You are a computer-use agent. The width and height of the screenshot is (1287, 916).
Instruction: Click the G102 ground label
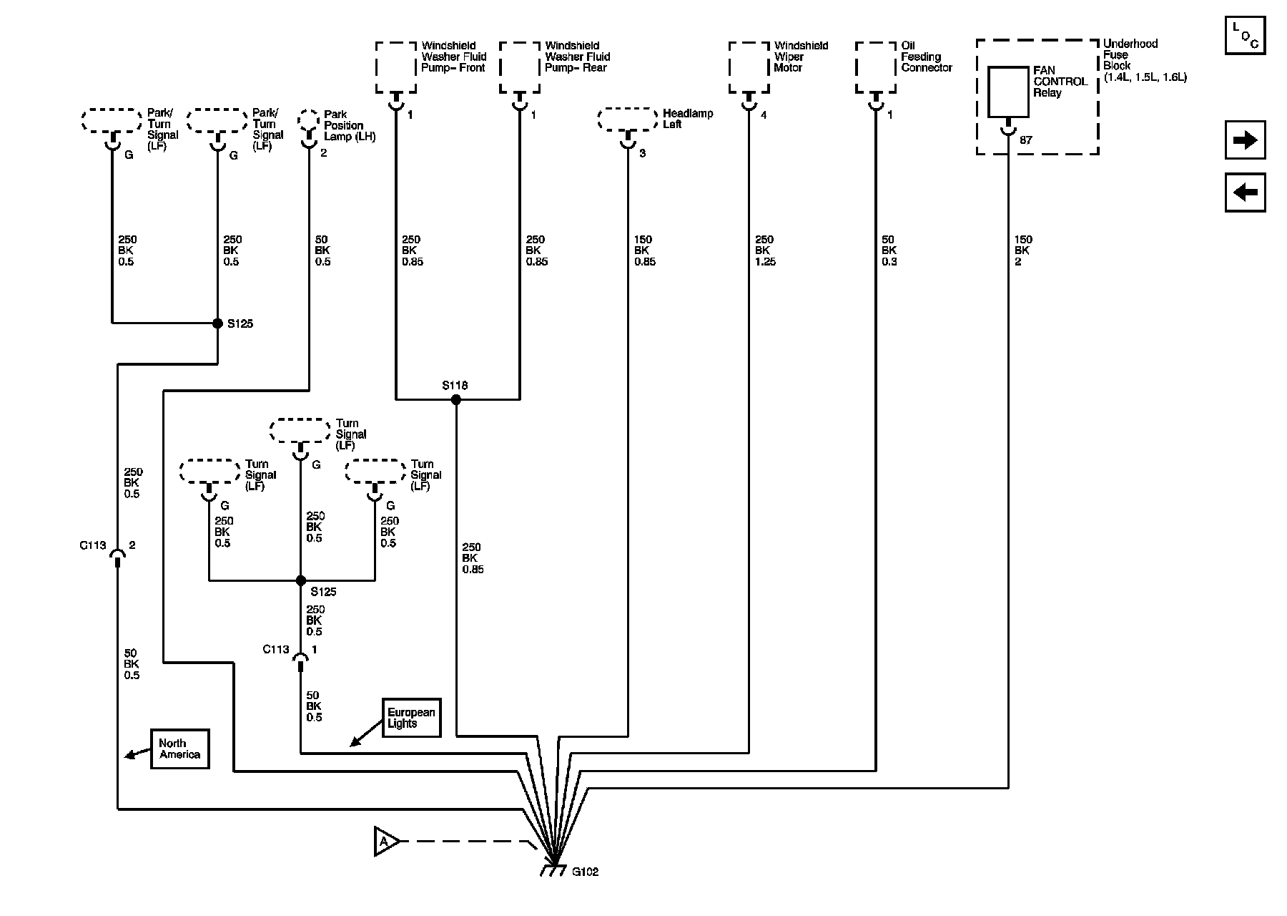[x=585, y=872]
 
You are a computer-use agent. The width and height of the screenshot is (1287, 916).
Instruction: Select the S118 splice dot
[x=456, y=399]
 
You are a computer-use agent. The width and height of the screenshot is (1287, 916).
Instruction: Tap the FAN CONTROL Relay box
[x=1008, y=92]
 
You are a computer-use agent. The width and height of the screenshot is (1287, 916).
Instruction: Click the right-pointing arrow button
[x=1245, y=140]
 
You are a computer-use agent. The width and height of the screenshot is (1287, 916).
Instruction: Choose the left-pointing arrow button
[x=1245, y=193]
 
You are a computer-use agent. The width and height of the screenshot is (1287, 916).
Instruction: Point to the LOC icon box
[x=1245, y=34]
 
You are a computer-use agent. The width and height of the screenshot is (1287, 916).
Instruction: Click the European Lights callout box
[x=411, y=718]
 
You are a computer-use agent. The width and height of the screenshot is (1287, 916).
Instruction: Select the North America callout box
[x=179, y=749]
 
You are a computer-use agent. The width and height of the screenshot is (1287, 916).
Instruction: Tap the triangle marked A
[x=386, y=842]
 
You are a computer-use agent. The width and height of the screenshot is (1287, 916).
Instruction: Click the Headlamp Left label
[x=688, y=119]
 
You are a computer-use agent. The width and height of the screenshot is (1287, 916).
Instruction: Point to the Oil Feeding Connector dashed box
[x=876, y=67]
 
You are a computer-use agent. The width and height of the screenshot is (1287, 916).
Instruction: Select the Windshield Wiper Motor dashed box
[x=749, y=67]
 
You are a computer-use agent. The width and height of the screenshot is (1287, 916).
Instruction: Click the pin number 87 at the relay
[x=1026, y=140]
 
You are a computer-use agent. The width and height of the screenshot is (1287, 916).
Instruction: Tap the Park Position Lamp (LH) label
[x=350, y=125]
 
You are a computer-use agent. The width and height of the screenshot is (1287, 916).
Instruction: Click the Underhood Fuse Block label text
[x=1145, y=60]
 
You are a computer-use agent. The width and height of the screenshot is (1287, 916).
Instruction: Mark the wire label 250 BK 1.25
[x=765, y=250]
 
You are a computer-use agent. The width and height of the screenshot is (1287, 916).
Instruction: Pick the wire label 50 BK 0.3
[x=889, y=250]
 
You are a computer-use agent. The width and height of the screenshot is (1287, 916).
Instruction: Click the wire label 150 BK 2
[x=1022, y=250]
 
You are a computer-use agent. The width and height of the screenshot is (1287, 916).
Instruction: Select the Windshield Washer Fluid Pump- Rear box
[x=520, y=67]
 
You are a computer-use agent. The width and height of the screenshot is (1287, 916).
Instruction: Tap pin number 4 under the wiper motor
[x=764, y=114]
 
